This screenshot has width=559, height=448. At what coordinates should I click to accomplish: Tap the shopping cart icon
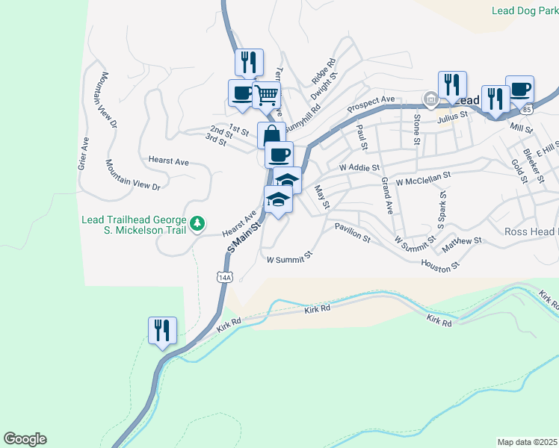click(266, 96)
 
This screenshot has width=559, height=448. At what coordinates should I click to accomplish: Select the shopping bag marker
click(271, 135)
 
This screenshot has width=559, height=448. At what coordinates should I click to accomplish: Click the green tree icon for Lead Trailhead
click(198, 223)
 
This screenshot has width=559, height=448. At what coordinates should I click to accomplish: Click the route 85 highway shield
click(529, 110)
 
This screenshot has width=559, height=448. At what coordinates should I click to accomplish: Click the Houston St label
click(438, 264)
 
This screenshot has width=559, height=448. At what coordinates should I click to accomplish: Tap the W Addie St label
click(359, 168)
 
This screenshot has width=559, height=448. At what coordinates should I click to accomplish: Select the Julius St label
click(452, 115)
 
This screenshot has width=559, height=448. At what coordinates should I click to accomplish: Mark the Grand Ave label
click(386, 196)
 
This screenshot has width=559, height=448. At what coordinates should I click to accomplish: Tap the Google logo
click(25, 439)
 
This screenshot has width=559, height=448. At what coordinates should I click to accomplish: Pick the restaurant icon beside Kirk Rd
click(162, 330)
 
